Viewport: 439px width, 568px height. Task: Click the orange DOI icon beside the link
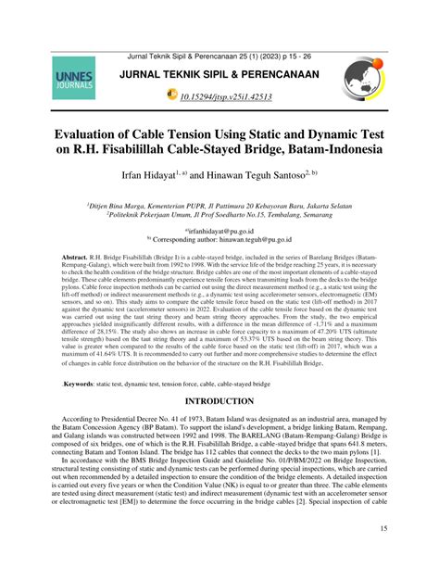(172, 95)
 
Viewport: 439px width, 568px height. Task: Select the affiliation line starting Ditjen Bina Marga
(219, 200)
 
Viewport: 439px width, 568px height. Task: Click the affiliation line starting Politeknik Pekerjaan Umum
(219, 210)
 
